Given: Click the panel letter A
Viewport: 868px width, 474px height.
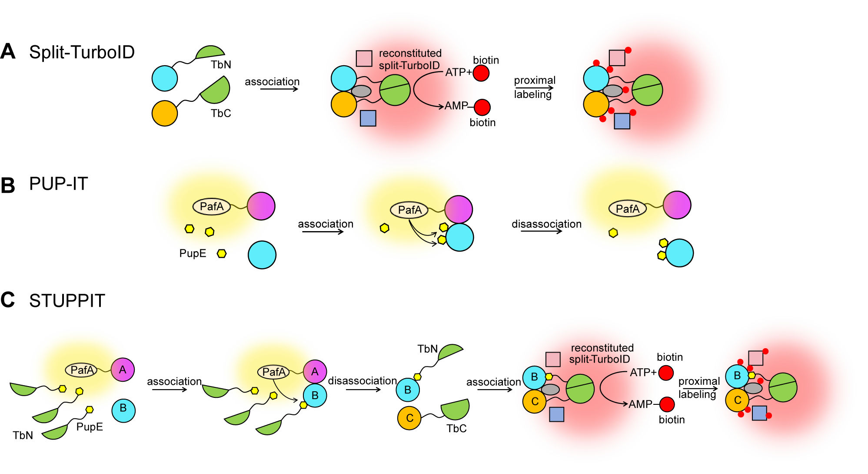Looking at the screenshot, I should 8,52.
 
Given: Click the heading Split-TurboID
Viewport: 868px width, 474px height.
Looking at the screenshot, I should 82,52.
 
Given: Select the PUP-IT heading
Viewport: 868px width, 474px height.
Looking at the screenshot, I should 58,184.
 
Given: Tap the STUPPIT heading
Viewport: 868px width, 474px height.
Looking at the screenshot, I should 67,301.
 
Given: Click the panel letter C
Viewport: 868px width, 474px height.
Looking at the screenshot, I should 8,300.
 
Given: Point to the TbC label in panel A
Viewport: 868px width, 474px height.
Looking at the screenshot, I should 221,114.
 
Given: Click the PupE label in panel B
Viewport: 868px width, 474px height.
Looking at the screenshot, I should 193,253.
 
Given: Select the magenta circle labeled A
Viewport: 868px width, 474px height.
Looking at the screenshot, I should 123,370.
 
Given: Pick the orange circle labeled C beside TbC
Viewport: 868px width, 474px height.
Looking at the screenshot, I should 409,418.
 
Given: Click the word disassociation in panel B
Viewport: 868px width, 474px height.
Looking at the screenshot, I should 546,224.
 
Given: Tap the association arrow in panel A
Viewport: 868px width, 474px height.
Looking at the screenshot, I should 279,89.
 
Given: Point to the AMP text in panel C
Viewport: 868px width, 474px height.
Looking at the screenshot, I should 640,404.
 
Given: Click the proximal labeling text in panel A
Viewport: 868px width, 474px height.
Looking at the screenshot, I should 534,87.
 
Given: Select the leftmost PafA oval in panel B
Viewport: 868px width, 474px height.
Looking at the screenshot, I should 212,207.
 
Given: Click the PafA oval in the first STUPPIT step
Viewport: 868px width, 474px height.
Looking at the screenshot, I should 82,370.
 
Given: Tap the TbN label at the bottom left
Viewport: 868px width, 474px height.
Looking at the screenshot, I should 23,436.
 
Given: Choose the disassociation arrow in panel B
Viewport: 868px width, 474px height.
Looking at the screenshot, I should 541,231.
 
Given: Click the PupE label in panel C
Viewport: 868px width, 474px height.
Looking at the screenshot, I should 90,427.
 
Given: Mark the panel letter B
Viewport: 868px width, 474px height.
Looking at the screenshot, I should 8,185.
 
